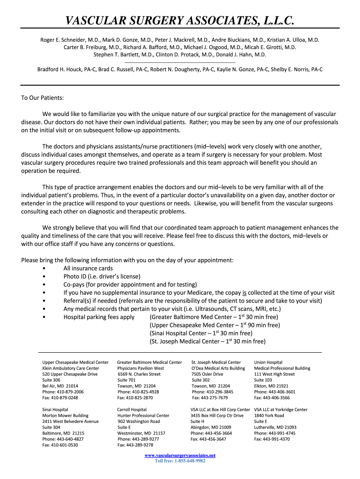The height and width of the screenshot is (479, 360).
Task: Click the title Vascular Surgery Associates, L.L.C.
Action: point(180,20)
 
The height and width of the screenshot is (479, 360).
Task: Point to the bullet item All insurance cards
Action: point(88,268)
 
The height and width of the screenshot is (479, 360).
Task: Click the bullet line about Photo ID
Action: point(101,276)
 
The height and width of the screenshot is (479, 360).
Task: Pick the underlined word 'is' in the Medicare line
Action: point(245,292)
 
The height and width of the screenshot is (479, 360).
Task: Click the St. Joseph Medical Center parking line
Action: point(207,341)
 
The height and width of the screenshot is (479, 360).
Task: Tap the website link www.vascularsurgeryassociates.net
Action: point(180,455)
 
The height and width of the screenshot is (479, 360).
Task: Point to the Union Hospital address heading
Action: point(268,362)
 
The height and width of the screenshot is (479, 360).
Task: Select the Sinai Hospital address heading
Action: point(55,409)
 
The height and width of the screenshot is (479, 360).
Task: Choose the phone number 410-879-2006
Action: point(63,392)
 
